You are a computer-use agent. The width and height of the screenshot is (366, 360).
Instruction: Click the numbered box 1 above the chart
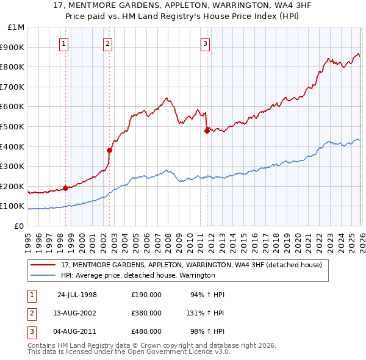click(64, 43)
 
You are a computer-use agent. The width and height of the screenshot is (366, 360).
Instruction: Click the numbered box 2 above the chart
click(107, 43)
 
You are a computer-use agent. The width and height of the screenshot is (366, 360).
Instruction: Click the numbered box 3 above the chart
click(206, 43)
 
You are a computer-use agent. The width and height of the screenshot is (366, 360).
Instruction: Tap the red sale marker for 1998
click(65, 188)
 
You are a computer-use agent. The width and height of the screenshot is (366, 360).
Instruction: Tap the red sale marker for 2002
click(109, 150)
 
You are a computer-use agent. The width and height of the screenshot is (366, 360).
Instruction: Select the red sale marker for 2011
click(207, 130)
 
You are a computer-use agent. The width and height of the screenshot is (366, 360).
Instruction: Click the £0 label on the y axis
click(20, 226)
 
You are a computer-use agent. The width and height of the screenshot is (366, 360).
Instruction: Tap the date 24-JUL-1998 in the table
click(77, 295)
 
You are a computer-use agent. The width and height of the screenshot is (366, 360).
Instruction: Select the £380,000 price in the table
click(146, 313)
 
